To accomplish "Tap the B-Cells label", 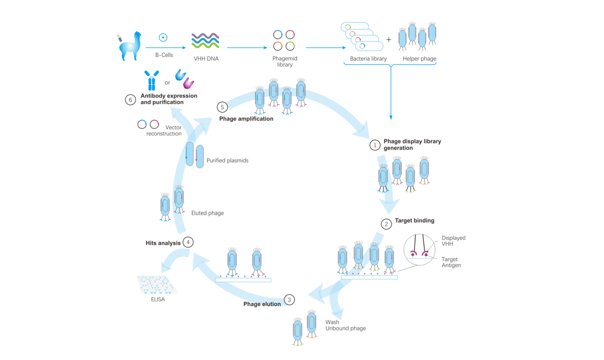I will [x=164, y=55].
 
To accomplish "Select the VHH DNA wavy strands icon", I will [x=205, y=40].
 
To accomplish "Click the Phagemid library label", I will [x=285, y=61].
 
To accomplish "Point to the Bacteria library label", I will [x=368, y=58].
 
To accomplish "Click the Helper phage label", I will [x=419, y=58].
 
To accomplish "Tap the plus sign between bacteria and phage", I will [x=389, y=39].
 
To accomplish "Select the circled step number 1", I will [x=375, y=145].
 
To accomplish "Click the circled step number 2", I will [x=386, y=224].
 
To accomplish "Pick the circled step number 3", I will [x=289, y=299].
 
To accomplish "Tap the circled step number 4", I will [x=188, y=242].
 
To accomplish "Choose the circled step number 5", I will [x=222, y=107].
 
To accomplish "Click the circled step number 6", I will [x=130, y=100].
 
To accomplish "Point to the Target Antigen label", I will [x=451, y=262].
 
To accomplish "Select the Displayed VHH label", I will [x=453, y=241].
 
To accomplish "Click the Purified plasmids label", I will [x=227, y=161].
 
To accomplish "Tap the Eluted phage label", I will [x=208, y=213].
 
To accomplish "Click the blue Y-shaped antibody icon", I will [x=151, y=80].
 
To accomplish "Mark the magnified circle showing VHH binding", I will [x=419, y=249].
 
